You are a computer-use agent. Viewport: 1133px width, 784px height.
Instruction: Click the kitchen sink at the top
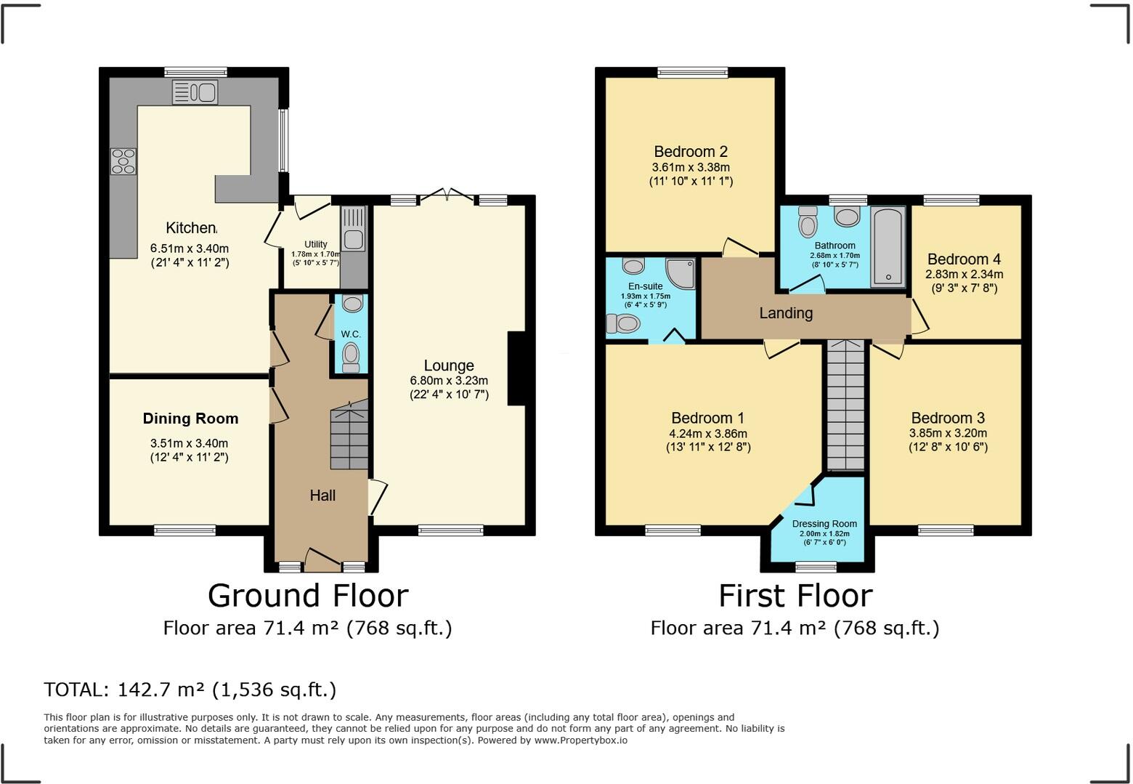tap(195, 92)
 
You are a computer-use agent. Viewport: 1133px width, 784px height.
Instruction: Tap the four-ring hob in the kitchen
tap(123, 161)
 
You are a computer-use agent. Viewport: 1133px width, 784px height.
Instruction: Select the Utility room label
tap(315, 244)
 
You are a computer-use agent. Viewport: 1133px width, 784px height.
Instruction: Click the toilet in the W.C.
tap(351, 356)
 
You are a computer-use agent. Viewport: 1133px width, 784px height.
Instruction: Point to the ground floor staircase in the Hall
tap(349, 437)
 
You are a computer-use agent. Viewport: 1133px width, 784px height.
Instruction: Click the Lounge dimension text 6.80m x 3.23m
tap(449, 381)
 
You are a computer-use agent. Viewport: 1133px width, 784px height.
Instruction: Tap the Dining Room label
tap(190, 419)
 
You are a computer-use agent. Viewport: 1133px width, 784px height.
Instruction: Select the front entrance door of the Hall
tap(322, 560)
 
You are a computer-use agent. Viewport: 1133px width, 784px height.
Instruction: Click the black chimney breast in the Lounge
tap(516, 368)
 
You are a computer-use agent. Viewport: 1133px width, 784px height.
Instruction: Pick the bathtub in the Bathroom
tap(888, 246)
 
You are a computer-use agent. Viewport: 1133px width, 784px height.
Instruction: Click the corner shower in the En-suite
tap(680, 273)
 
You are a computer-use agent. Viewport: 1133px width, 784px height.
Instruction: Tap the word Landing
tap(786, 313)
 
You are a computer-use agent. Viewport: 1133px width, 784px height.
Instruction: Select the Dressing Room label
tap(824, 524)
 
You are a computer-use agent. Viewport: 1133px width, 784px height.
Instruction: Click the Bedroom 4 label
tap(964, 259)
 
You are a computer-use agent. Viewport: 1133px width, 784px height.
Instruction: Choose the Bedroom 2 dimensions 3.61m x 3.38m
tap(691, 167)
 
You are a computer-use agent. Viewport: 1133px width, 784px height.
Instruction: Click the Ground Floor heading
tap(308, 596)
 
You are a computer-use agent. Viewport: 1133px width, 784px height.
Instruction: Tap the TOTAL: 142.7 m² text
tap(190, 690)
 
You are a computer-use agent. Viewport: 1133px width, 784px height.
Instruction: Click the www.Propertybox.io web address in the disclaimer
tap(581, 740)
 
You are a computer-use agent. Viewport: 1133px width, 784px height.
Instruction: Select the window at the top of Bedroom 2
tap(692, 72)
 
